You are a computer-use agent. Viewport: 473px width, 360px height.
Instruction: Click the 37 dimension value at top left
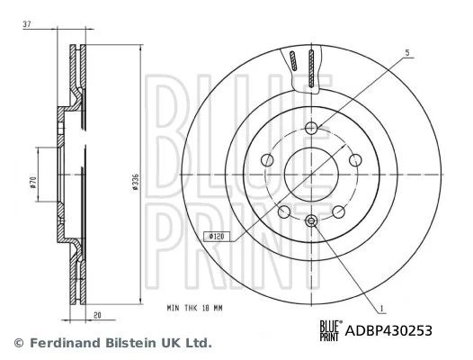(27, 24)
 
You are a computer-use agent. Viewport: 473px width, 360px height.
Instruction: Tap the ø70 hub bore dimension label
(33, 183)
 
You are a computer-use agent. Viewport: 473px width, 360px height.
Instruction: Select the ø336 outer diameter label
(136, 182)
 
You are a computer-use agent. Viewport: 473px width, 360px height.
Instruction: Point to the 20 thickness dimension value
(97, 315)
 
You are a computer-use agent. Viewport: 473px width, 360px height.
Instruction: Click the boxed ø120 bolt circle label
(217, 237)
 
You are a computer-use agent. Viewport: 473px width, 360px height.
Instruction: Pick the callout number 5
(407, 53)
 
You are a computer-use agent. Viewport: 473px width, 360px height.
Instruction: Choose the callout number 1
(382, 309)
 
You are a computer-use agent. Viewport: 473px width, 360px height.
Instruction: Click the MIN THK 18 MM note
(194, 308)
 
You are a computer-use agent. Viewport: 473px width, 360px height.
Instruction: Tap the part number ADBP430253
(388, 330)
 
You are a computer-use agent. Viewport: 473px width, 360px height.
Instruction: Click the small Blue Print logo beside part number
(331, 330)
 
